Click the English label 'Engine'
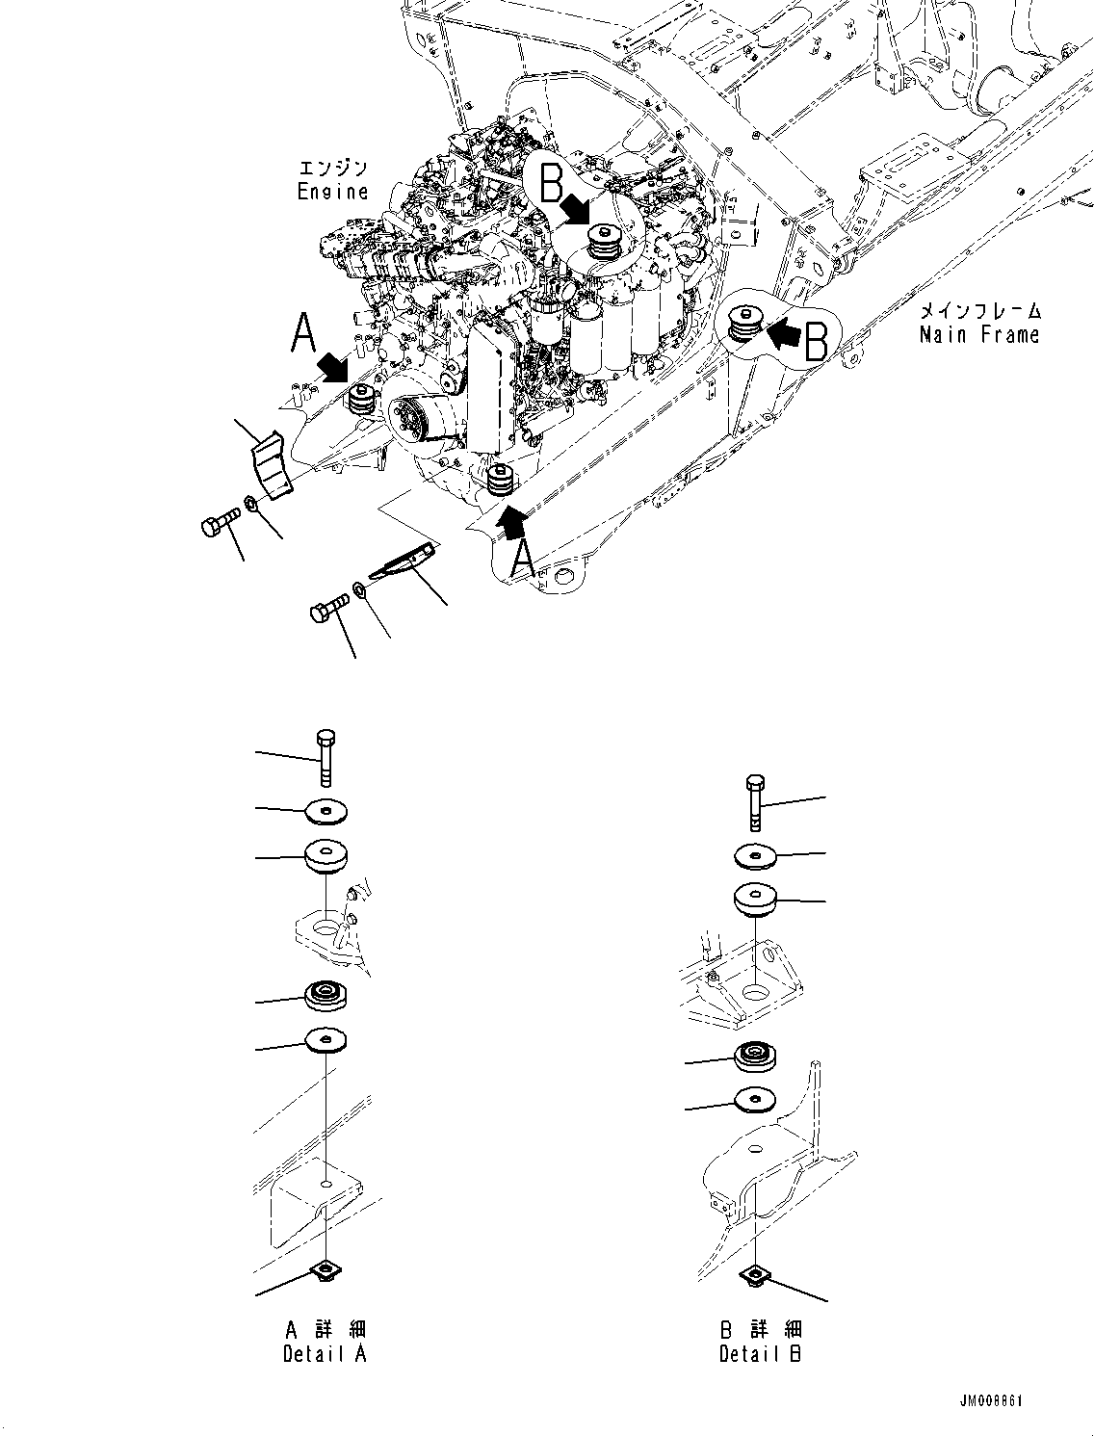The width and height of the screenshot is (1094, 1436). (x=332, y=191)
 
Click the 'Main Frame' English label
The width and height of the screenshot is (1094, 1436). (x=978, y=335)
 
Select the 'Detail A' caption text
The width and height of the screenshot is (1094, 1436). (x=325, y=1354)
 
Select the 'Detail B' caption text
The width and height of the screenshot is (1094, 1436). (x=760, y=1354)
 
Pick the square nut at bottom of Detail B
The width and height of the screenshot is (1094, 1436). (x=756, y=1276)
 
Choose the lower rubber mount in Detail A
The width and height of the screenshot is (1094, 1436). (x=326, y=996)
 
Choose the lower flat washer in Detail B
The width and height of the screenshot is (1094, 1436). (x=756, y=1099)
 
